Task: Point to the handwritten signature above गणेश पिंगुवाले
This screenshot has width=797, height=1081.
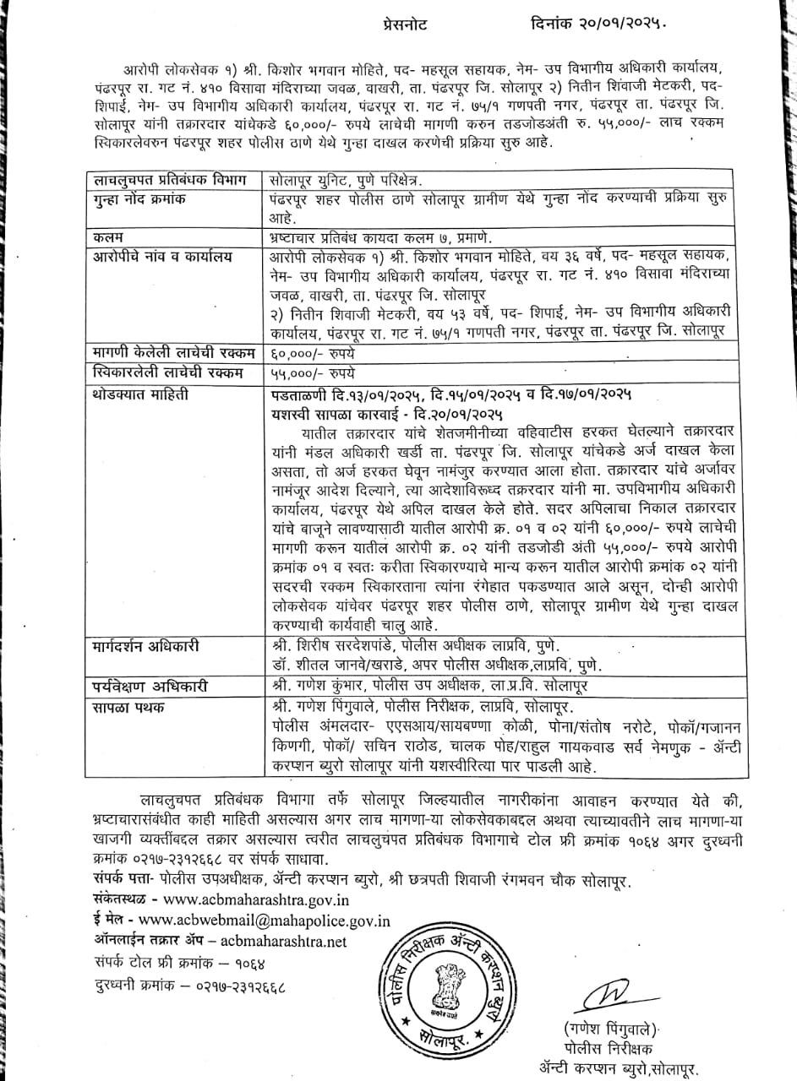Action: [x=604, y=992]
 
